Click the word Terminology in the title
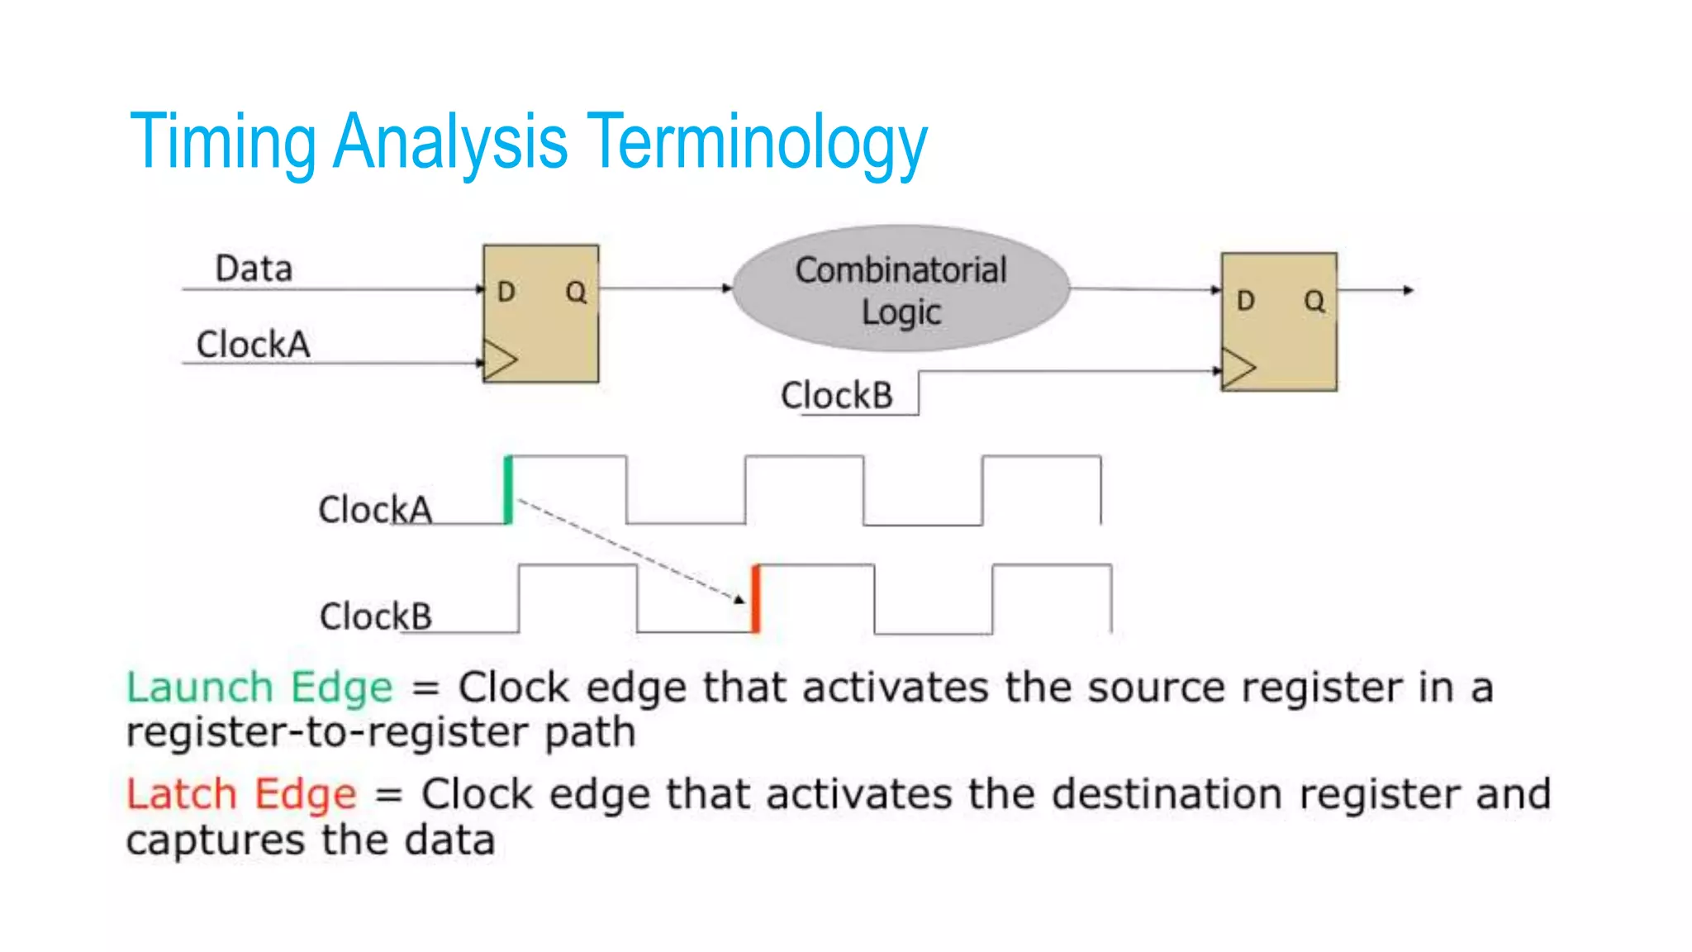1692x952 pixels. [x=760, y=142]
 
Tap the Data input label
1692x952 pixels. [x=254, y=269]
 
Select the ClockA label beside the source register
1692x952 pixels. [x=253, y=345]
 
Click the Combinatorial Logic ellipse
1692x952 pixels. [x=901, y=289]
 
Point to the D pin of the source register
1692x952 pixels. [x=506, y=292]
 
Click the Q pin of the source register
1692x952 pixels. [x=576, y=292]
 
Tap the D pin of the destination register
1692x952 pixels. [x=1245, y=301]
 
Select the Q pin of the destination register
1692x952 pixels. [x=1314, y=301]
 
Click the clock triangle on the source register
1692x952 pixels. [x=499, y=360]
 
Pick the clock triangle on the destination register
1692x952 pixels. [x=1238, y=369]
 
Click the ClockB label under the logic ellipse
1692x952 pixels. [x=836, y=396]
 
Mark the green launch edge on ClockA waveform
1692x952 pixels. [x=508, y=489]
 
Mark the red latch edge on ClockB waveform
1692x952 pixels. [x=755, y=599]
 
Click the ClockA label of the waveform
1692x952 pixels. [x=375, y=510]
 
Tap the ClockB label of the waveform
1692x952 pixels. [x=375, y=616]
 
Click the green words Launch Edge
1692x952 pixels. [x=259, y=688]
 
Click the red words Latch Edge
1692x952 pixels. [x=241, y=794]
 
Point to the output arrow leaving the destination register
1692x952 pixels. [x=1376, y=290]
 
